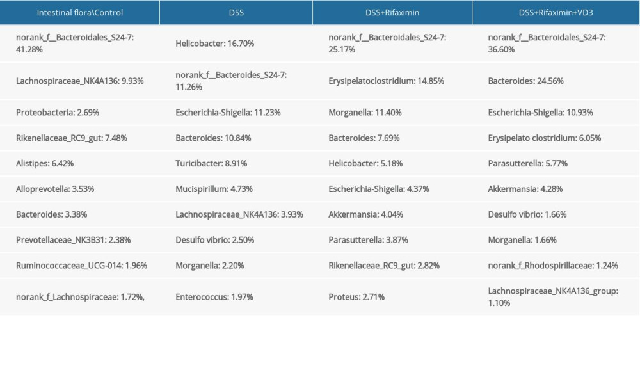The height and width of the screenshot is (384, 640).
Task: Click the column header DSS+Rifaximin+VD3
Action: coord(556,13)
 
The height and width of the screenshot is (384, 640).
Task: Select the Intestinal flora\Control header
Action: coord(80,13)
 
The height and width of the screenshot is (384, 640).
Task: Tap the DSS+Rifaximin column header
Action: coord(392,13)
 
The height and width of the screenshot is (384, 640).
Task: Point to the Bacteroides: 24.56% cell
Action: coord(525,81)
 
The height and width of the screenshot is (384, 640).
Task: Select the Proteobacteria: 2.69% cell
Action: coord(58,112)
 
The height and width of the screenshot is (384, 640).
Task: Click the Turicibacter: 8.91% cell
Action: coord(211,163)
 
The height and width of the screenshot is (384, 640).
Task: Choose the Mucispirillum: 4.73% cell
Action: coord(214,189)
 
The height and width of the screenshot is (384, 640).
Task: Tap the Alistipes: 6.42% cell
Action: coord(45,163)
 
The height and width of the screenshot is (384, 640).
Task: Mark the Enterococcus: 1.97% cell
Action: coord(214,297)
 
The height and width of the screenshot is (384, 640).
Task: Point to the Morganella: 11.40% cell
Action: coord(365,112)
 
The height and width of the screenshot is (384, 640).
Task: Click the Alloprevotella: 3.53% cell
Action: coord(56,189)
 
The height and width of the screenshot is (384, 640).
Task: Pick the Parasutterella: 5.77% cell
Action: coord(527,163)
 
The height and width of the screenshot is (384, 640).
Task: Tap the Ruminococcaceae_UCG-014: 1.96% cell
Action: coord(82,266)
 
